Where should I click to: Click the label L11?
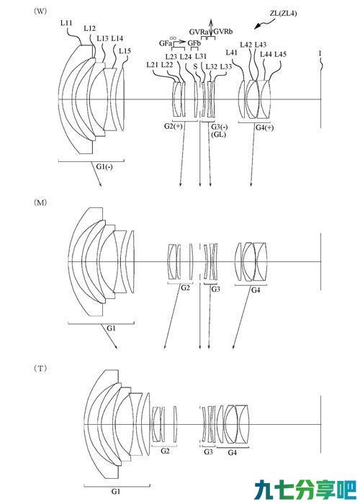pyautogui.click(x=66, y=23)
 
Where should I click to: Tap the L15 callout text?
pyautogui.click(x=125, y=51)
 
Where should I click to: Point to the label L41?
pyautogui.click(x=232, y=52)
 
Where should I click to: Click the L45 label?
pyautogui.click(x=280, y=54)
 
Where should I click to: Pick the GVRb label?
pyautogui.click(x=223, y=32)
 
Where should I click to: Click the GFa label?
pyautogui.click(x=165, y=43)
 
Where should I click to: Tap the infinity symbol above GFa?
pyautogui.click(x=173, y=38)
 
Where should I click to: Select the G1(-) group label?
pyautogui.click(x=104, y=166)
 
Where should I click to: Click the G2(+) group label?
pyautogui.click(x=174, y=126)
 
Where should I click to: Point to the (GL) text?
pyautogui.click(x=218, y=135)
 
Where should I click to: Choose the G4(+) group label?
pyautogui.click(x=264, y=127)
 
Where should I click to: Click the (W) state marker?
pyautogui.click(x=40, y=11)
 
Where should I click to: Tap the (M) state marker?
pyautogui.click(x=40, y=202)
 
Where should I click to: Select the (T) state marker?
pyautogui.click(x=40, y=369)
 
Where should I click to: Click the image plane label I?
pyautogui.click(x=320, y=53)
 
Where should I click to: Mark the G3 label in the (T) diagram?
pyautogui.click(x=208, y=451)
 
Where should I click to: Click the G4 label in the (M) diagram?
pyautogui.click(x=255, y=290)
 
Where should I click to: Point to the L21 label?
pyautogui.click(x=152, y=65)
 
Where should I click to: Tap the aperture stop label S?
pyautogui.click(x=195, y=66)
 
